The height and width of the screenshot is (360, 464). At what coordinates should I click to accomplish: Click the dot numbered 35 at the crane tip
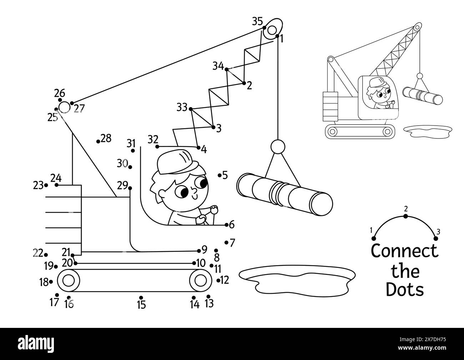tap(264, 27)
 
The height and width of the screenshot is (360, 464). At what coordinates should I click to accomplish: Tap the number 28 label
tap(106, 138)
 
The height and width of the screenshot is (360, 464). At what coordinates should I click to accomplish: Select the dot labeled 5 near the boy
tap(220, 175)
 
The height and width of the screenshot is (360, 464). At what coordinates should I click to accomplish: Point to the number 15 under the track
tap(141, 305)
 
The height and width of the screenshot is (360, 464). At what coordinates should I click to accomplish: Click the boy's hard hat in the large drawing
tap(177, 162)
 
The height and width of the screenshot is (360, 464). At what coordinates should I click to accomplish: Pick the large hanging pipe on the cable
tap(284, 194)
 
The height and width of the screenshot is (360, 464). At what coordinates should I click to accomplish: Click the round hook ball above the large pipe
tap(278, 146)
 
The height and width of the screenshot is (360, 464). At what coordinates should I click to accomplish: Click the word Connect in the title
tap(404, 252)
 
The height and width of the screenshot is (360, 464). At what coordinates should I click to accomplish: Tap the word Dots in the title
tap(405, 289)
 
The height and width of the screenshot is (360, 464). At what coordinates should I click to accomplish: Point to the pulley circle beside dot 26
tap(64, 107)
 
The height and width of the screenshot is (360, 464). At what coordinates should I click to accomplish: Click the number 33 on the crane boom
tap(182, 107)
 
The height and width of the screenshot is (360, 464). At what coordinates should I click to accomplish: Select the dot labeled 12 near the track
tap(218, 280)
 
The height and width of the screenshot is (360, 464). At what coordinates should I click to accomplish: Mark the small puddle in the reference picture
tap(426, 131)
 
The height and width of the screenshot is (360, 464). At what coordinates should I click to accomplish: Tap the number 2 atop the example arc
tap(405, 209)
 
